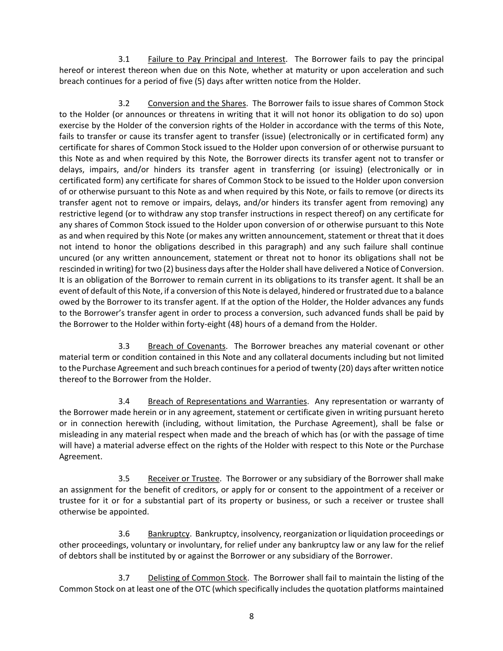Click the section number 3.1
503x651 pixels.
click(x=124, y=59)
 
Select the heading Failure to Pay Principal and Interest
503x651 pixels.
click(x=217, y=59)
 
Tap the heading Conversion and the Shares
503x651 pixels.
click(x=197, y=104)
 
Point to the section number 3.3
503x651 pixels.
click(x=124, y=347)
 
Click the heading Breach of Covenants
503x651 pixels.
click(x=186, y=347)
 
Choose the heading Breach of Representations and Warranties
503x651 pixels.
click(x=227, y=402)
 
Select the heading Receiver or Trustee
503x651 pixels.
click(x=183, y=479)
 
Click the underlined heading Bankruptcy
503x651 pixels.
click(x=169, y=534)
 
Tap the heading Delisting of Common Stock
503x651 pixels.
click(x=197, y=578)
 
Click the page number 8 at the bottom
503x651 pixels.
click(x=251, y=616)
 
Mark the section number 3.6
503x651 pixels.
click(x=124, y=534)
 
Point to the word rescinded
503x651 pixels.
click(x=77, y=269)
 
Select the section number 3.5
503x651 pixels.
click(x=124, y=479)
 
